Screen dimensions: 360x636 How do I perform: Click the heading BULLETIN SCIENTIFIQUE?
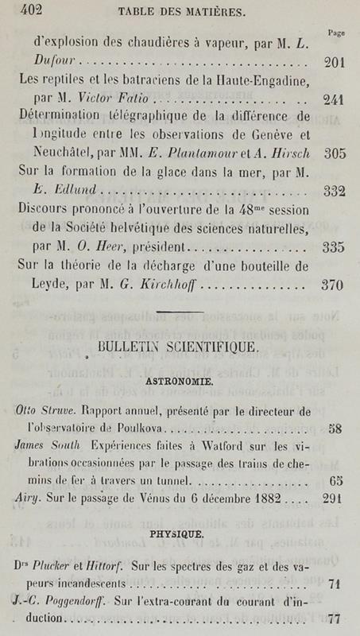pos(176,347)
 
